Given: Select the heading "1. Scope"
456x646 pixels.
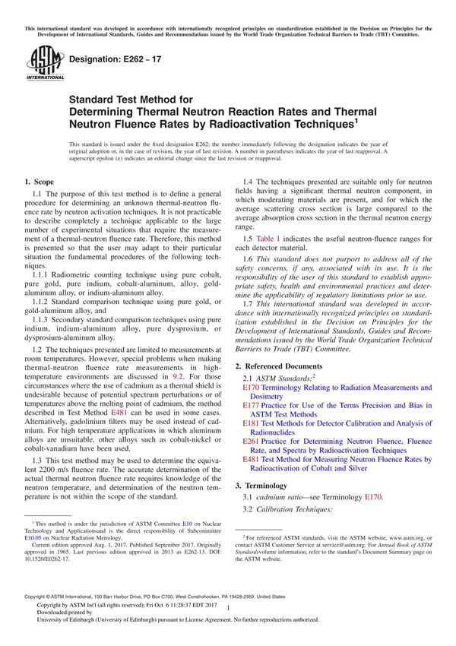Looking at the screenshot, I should tap(39, 182).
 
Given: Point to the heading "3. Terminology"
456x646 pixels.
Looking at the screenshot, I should tap(269, 484).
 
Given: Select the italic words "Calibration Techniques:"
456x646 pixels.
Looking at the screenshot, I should tap(299, 509).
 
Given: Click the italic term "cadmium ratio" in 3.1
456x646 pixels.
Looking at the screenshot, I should tap(282, 497).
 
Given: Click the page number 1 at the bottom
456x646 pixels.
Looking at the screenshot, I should tap(228, 619).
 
